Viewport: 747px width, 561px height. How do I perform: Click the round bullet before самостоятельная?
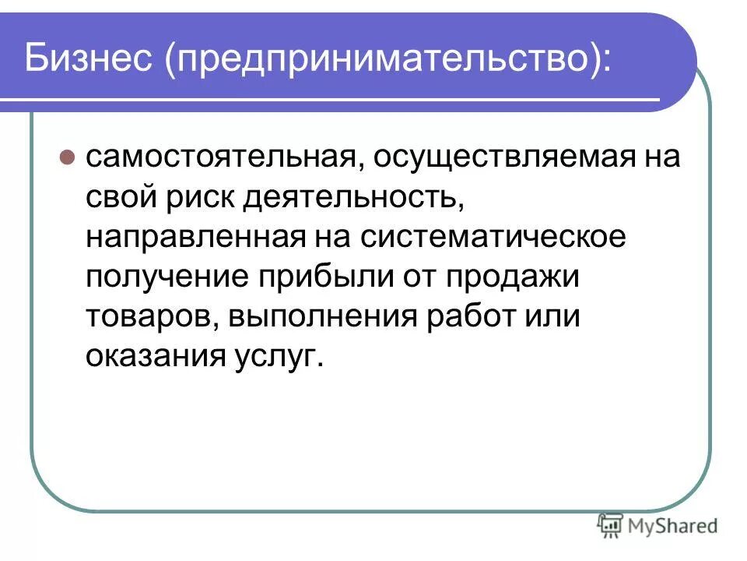click(x=67, y=156)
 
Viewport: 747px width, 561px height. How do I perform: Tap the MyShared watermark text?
click(x=673, y=526)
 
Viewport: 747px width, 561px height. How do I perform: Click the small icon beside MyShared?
click(x=610, y=526)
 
